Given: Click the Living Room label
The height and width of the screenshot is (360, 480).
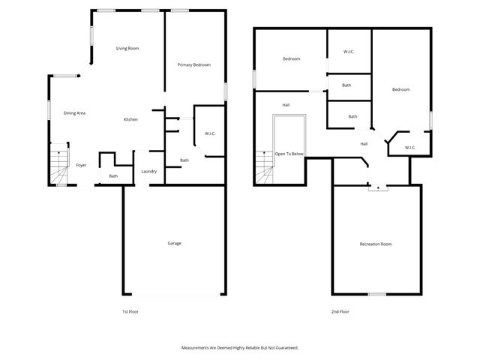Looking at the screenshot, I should (x=127, y=49).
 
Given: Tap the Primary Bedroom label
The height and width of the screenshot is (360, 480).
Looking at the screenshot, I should (x=193, y=65).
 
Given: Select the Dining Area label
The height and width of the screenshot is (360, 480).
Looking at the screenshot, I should (x=74, y=113).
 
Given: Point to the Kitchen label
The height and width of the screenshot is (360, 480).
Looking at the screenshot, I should (x=130, y=120).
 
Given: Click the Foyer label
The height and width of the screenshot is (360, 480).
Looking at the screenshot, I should (x=81, y=165).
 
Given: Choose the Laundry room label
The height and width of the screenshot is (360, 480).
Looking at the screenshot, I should (x=148, y=171).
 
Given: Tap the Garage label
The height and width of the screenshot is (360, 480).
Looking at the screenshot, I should (x=174, y=243).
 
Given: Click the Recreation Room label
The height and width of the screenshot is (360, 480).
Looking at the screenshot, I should (x=376, y=244).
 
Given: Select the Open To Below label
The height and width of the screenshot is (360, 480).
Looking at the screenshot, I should (x=289, y=154).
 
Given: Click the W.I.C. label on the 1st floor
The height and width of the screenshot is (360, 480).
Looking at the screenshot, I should (x=210, y=134).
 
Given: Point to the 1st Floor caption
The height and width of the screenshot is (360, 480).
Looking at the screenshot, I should (x=130, y=311).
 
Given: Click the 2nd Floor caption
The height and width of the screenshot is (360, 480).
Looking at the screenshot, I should (x=340, y=311).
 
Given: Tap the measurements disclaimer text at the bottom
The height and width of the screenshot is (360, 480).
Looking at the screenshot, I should (x=240, y=348).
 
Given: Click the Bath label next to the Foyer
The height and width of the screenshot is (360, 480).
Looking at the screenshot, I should (x=113, y=176).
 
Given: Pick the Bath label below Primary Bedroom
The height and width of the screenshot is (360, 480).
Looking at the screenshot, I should (x=184, y=160).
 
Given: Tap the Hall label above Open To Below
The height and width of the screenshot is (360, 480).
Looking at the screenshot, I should (x=286, y=105).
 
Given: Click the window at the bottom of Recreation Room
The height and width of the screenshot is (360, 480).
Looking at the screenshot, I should (x=376, y=294).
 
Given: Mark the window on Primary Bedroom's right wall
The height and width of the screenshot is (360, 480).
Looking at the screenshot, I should (x=226, y=90).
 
